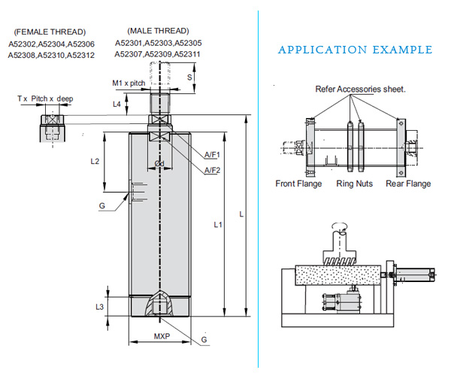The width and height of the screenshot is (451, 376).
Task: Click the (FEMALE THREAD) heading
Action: click(x=50, y=32)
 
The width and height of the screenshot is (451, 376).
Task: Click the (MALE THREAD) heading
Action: click(x=157, y=30)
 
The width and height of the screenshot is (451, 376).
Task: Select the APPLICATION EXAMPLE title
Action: click(x=355, y=50)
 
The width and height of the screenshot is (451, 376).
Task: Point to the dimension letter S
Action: click(x=189, y=77)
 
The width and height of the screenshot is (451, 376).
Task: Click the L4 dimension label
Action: click(x=117, y=104)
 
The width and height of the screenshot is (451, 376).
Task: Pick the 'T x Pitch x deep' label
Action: click(x=45, y=99)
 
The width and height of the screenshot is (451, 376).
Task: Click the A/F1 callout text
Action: click(x=213, y=154)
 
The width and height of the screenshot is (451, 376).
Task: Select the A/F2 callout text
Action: click(x=213, y=171)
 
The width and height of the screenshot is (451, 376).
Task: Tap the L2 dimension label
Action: click(x=95, y=162)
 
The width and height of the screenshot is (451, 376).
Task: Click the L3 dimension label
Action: click(x=100, y=307)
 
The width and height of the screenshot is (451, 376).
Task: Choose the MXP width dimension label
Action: click(x=162, y=335)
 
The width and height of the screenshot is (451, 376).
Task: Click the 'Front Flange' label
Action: click(x=298, y=183)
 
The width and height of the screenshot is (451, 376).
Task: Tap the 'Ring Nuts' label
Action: click(x=353, y=183)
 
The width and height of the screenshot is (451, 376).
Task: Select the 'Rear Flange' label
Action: click(x=408, y=183)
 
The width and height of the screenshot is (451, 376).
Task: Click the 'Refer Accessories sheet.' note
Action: click(x=361, y=89)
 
